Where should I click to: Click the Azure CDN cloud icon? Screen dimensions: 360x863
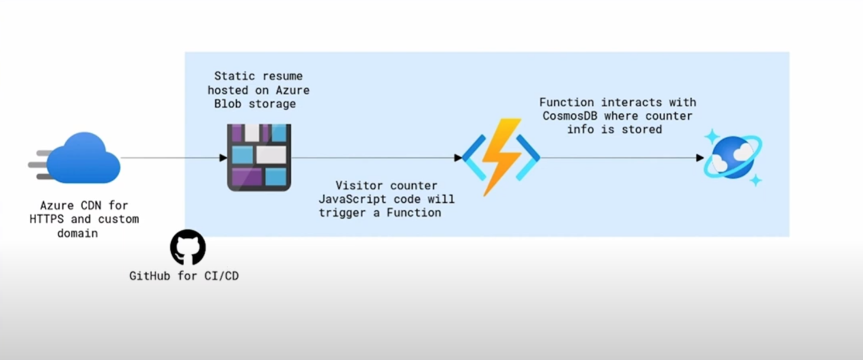82,157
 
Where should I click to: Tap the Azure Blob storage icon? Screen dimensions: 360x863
259,157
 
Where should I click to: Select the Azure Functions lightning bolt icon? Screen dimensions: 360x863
501,157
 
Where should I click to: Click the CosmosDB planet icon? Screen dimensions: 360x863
733,157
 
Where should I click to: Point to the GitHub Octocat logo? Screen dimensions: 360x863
188,247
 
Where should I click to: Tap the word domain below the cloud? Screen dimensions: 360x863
78,233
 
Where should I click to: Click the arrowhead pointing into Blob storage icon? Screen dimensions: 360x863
223,158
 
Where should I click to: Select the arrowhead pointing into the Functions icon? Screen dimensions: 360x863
458,158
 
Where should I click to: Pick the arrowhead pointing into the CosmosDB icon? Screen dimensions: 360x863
700,158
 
